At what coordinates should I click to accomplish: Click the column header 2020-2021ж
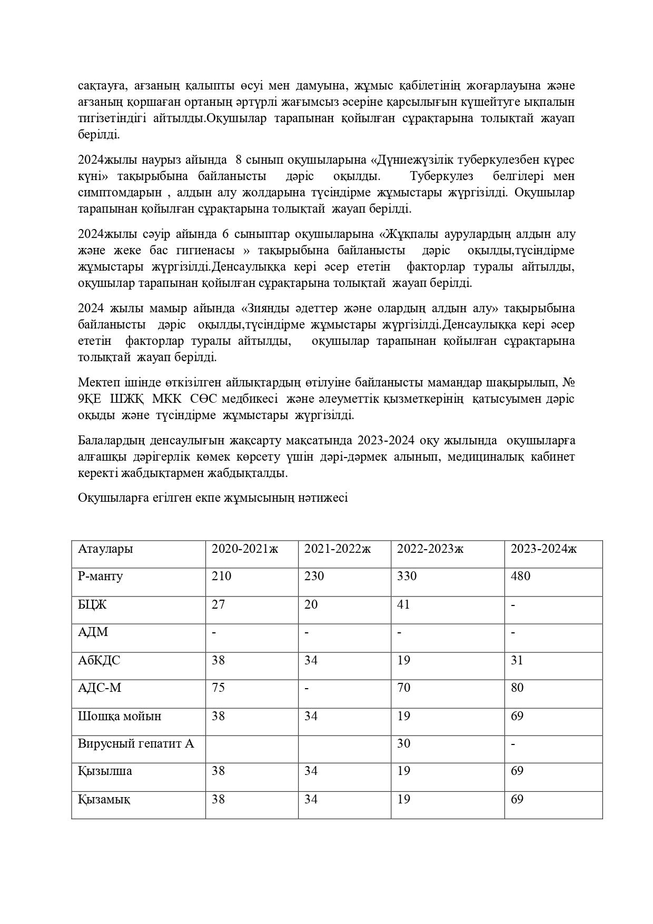point(244,549)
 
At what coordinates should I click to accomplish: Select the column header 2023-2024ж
point(543,549)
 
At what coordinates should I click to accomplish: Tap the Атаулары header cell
point(105,549)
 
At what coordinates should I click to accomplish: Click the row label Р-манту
point(101,576)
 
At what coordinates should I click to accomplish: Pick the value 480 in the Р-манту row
point(520,576)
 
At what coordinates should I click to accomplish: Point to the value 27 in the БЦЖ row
point(218,604)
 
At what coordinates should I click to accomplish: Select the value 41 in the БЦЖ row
point(403,604)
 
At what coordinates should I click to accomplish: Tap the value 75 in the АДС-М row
point(218,688)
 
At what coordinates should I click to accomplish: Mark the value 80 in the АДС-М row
point(517,688)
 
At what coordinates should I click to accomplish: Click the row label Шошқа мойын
point(120,716)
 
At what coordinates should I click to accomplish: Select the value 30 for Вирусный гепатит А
point(403,743)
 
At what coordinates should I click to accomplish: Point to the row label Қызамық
point(104,799)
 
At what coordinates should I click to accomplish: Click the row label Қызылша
point(105,771)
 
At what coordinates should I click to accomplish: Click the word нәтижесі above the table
point(323,498)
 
